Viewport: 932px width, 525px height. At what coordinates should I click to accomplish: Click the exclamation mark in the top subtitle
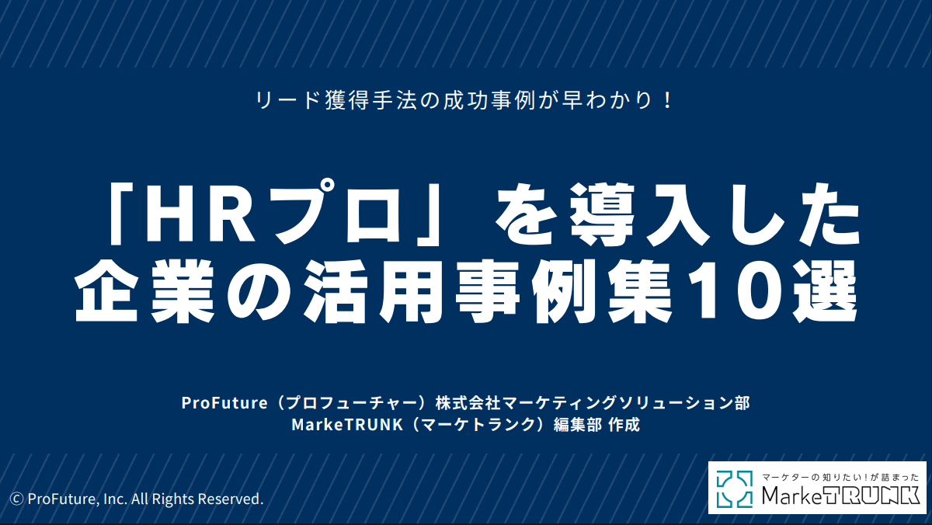pos(668,100)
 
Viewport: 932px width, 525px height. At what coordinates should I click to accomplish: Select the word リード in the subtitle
pos(287,101)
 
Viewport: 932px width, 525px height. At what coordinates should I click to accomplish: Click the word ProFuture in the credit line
pos(224,403)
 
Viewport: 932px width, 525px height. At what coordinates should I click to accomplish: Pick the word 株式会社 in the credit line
pos(468,403)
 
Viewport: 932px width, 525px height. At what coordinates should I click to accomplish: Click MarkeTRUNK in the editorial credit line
pos(347,425)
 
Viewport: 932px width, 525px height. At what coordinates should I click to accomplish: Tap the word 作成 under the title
pos(624,425)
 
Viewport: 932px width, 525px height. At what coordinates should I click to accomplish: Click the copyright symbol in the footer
pos(16,499)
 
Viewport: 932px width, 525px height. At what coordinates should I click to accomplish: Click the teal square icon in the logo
pos(735,489)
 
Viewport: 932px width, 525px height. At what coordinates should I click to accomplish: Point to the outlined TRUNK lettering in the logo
pos(871,495)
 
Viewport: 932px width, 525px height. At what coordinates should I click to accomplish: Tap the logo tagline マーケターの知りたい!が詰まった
pos(840,477)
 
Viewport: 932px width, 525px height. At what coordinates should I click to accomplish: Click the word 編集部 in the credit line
pos(578,425)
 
